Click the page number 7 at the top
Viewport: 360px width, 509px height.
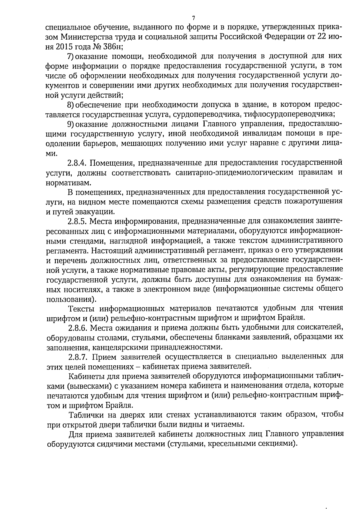193,17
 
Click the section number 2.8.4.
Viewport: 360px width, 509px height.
77,163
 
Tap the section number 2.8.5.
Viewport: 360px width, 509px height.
77,221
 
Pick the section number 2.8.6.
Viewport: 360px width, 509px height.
77,328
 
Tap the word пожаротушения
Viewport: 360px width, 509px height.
313,202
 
